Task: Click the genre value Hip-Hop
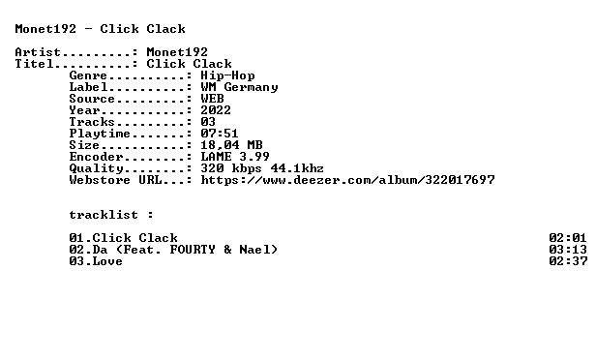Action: [227, 75]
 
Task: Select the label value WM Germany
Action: [240, 87]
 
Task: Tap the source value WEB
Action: [212, 99]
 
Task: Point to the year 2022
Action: [216, 110]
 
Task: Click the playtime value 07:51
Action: [220, 134]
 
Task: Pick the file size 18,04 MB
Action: [231, 145]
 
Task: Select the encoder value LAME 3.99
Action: [235, 157]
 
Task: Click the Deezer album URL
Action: [347, 180]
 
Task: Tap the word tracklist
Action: [104, 215]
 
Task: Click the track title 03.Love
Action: [96, 261]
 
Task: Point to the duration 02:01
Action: [568, 238]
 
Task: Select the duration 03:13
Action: [568, 250]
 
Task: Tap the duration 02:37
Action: [568, 261]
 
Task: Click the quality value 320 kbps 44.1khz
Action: [262, 168]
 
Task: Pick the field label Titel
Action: [34, 64]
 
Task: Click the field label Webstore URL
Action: [115, 180]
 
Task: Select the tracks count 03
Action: [208, 122]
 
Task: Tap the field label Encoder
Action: [96, 157]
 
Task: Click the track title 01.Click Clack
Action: [123, 238]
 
